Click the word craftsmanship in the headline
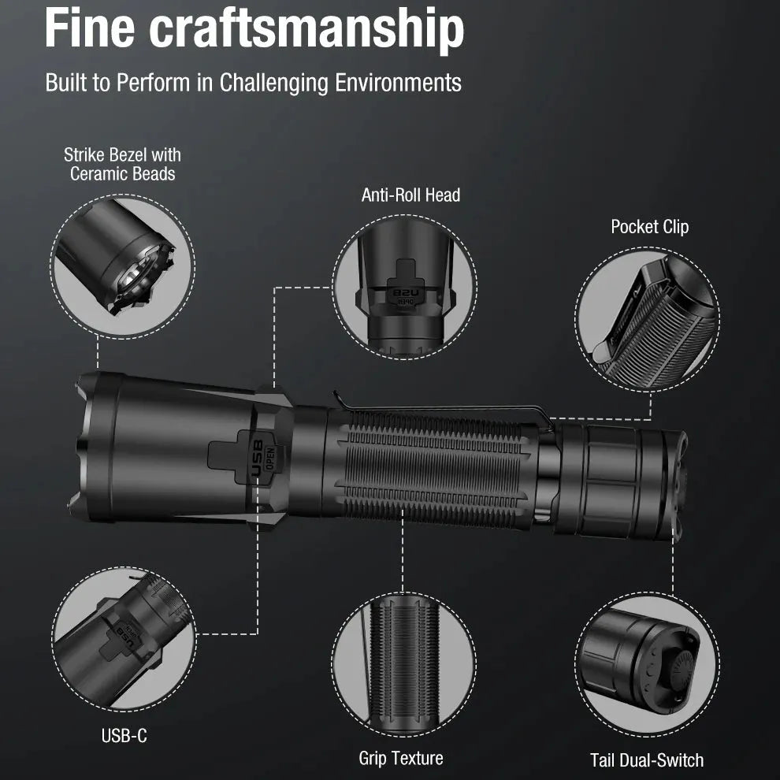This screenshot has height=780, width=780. coord(306,31)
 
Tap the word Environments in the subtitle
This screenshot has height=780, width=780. coord(398,83)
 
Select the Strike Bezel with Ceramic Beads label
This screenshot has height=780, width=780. coord(122,164)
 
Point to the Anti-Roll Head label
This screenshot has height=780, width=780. coord(411,195)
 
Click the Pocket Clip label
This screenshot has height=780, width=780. coord(650,228)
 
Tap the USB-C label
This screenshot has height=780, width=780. coord(124,736)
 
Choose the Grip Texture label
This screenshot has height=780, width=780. coord(401,758)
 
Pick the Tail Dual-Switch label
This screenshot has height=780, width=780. coord(647,760)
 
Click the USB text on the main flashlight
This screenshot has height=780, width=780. coord(258,458)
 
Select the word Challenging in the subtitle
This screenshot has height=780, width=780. coord(273,83)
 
